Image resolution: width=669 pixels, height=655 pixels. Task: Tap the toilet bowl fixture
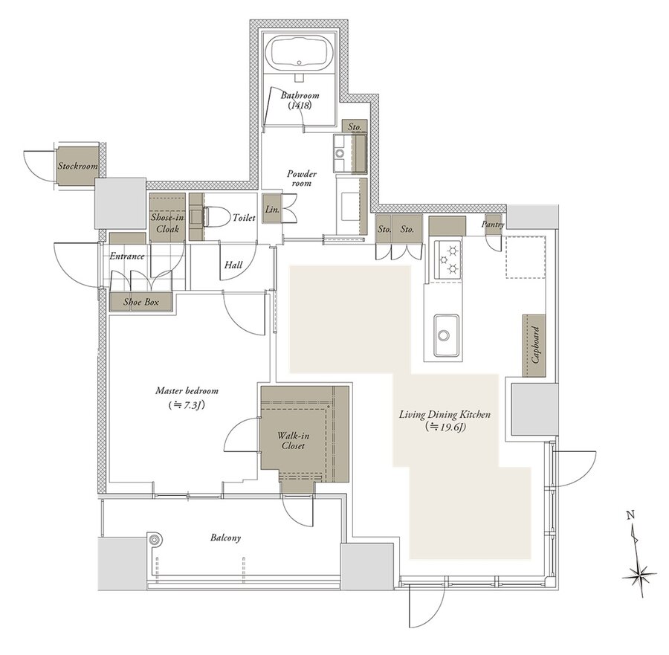click(212, 218)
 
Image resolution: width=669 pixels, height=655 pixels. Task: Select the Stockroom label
click(78, 166)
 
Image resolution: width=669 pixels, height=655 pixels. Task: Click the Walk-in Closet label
click(293, 441)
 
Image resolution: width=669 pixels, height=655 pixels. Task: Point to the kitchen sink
click(446, 335)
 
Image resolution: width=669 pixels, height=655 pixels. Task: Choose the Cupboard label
click(536, 345)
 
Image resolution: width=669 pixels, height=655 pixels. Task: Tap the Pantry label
click(493, 224)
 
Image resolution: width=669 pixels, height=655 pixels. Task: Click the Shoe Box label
click(141, 302)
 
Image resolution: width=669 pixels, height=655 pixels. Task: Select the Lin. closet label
click(272, 210)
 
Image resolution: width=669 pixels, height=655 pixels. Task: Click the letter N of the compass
click(630, 515)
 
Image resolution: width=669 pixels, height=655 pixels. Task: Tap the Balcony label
click(226, 538)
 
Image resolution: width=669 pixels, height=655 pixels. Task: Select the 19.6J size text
click(445, 426)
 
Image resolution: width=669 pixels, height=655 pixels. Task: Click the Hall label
click(233, 265)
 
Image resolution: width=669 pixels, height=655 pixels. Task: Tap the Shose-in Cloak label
click(167, 223)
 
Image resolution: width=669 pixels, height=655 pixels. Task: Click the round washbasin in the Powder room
click(340, 153)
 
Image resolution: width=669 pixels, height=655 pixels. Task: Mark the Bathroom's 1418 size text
click(300, 106)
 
